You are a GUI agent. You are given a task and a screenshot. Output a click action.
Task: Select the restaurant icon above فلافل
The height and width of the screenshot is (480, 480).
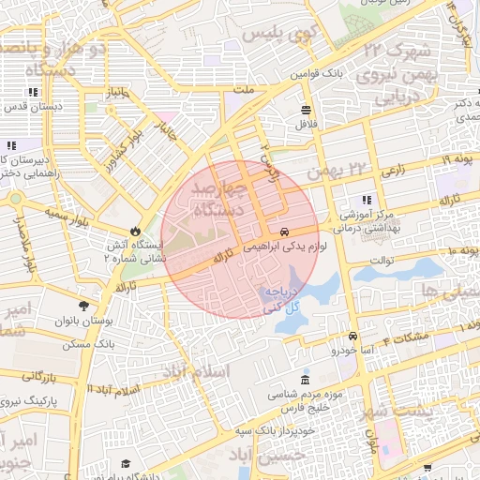tap(307, 110)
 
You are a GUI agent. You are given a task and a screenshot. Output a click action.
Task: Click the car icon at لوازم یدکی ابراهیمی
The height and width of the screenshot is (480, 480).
tap(284, 231)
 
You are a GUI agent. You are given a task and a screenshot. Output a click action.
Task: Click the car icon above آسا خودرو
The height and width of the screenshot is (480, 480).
tap(352, 336)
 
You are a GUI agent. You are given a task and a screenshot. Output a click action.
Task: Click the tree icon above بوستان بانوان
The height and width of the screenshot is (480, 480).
tap(84, 306)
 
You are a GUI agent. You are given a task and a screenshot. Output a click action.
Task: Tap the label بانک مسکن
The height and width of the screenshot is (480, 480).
tap(82, 345)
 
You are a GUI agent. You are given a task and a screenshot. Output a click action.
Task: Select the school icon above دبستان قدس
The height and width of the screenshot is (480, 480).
tap(34, 92)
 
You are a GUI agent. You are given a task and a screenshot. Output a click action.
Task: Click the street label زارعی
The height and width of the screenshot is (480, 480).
tap(393, 172)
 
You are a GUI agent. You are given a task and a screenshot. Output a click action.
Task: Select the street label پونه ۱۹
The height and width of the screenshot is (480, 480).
tap(452, 160)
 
